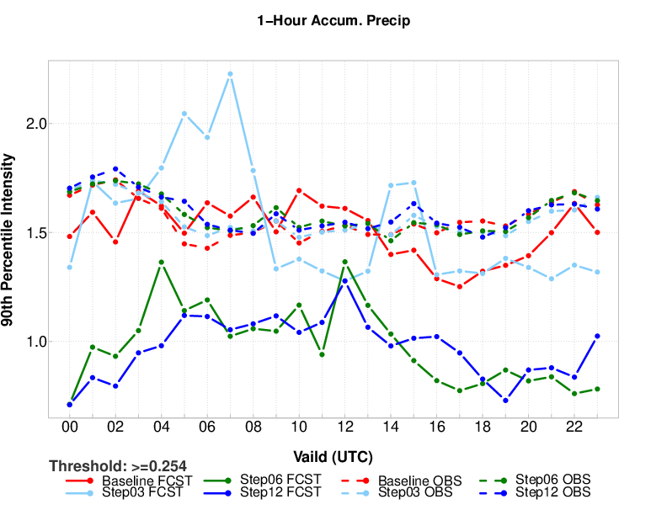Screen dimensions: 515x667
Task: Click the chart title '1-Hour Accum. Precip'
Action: (333, 21)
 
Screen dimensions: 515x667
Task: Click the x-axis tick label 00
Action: (70, 427)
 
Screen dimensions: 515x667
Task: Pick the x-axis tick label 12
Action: (344, 427)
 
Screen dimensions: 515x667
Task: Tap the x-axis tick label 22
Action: (574, 427)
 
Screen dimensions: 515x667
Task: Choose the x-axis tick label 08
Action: (253, 427)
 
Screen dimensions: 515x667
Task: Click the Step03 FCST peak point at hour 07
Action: (230, 74)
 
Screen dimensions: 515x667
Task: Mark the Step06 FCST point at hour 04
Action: (161, 262)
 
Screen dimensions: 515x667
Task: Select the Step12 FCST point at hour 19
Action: (505, 401)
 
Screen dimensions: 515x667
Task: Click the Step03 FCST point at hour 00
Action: (70, 268)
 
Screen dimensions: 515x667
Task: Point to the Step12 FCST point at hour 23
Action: (597, 336)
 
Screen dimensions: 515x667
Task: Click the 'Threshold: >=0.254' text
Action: (118, 465)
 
